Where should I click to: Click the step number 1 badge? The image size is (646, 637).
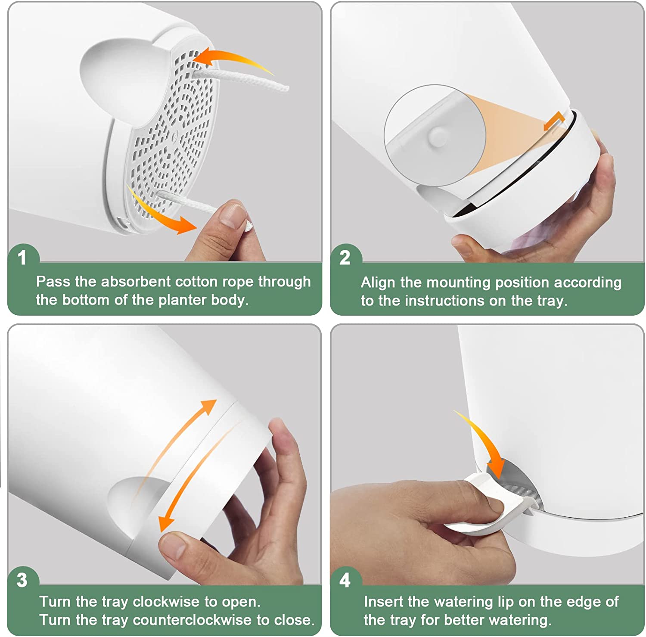22,258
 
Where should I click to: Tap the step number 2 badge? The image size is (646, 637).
345,258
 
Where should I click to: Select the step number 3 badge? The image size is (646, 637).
22,580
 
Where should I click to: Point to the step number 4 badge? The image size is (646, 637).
345,580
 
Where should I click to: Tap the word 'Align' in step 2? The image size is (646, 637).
377,283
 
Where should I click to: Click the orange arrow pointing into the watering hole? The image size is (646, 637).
484,444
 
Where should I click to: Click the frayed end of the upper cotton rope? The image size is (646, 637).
283,87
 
